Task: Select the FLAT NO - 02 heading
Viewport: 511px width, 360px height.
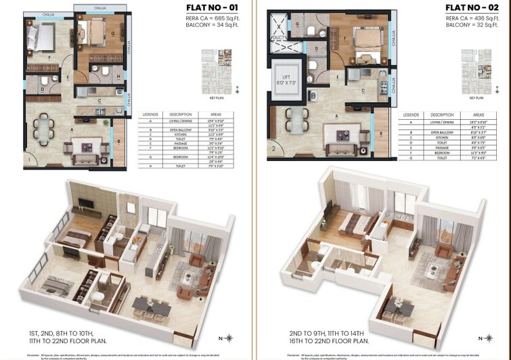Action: coord(470,9)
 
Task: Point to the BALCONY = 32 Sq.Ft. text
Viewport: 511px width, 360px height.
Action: coord(466,28)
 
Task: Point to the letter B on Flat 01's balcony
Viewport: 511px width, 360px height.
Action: coord(119,142)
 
